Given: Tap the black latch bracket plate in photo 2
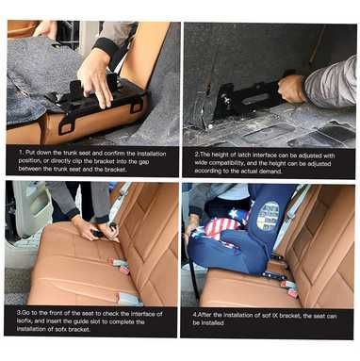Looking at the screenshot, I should click(241, 98).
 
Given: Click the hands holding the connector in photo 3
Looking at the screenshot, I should click(90, 228).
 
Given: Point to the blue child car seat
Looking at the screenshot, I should click(240, 236).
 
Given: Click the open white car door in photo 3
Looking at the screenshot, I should click(24, 222).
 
